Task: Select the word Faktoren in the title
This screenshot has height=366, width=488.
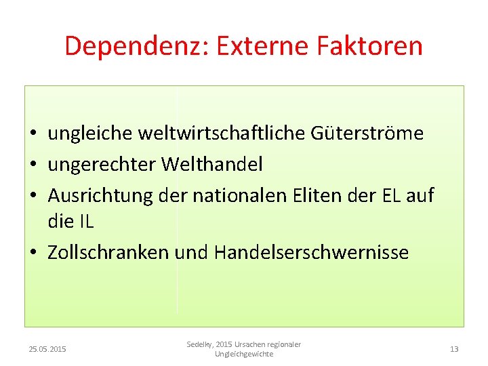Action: pos(369,46)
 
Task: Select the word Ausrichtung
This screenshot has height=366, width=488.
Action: pos(100,196)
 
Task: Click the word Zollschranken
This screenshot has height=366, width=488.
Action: pos(108,252)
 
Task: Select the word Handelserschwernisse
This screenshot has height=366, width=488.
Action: pos(311,252)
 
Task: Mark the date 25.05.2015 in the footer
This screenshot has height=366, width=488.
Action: pos(47,349)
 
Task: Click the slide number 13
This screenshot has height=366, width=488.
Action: pos(454,349)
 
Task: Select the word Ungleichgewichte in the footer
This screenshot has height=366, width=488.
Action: pos(244,354)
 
